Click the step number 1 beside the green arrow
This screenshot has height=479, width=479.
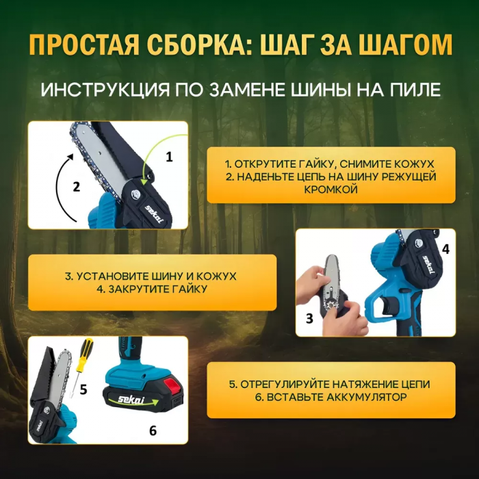coord(169,156)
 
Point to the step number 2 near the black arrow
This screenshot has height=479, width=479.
coord(77,185)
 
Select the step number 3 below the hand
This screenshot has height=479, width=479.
coord(309,318)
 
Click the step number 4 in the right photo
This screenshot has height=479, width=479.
coord(445,249)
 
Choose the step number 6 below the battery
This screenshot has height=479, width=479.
coord(152,430)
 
